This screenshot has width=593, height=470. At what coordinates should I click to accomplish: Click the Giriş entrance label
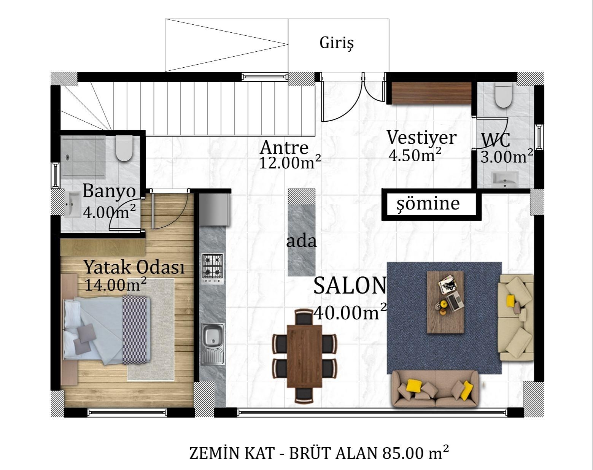pyautogui.click(x=337, y=43)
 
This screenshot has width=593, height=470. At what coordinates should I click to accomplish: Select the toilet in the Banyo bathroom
pyautogui.click(x=124, y=149)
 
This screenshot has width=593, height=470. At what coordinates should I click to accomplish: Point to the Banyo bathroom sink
pyautogui.click(x=72, y=204)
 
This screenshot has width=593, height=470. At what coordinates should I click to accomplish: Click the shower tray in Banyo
pyautogui.click(x=84, y=157)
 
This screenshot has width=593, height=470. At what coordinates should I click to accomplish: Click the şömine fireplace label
pyautogui.click(x=428, y=203)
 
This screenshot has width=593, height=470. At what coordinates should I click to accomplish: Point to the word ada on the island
pyautogui.click(x=301, y=241)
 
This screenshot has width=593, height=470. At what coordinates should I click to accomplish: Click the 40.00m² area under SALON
pyautogui.click(x=350, y=313)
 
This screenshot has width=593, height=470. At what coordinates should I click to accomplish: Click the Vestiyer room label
pyautogui.click(x=421, y=137)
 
